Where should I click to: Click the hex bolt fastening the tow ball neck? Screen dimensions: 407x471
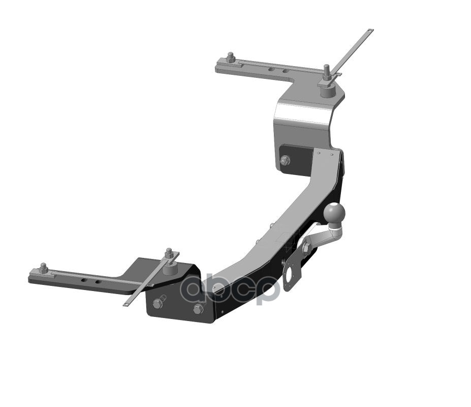306,248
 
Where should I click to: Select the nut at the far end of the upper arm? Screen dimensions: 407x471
231,58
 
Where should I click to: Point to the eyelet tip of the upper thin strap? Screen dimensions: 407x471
370,32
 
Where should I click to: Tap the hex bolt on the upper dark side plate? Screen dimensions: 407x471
285,161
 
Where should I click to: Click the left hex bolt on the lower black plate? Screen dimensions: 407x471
158,304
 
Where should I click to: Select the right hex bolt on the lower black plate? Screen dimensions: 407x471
198,308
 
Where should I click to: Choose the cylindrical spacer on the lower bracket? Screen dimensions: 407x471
170,269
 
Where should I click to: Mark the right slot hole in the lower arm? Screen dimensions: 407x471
95,280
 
